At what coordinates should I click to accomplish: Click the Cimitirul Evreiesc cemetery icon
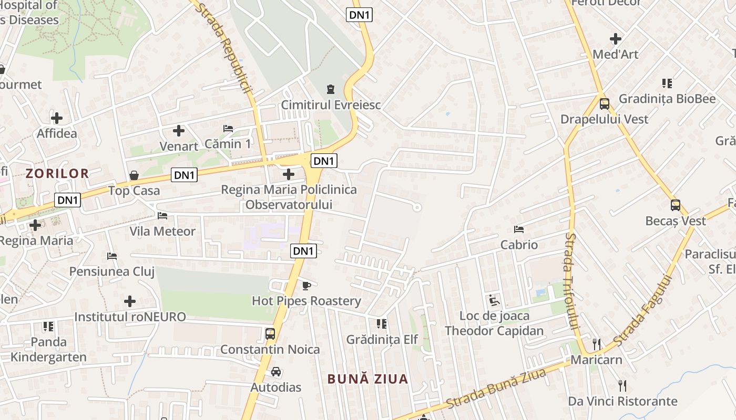point(330,89)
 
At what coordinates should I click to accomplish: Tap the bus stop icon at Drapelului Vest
point(605,103)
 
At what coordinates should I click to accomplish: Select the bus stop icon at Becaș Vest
point(676,205)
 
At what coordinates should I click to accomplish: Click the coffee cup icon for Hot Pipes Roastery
point(306,286)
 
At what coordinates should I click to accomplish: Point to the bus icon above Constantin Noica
point(270,333)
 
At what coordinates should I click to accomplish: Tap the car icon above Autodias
point(276,372)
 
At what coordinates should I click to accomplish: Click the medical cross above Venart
point(179,130)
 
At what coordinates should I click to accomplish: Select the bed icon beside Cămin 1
point(228,128)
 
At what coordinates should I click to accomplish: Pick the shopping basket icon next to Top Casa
point(134,175)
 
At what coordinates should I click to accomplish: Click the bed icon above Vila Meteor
point(162,215)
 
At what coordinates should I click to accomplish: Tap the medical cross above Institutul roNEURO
point(130,301)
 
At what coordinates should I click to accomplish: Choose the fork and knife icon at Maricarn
point(596,344)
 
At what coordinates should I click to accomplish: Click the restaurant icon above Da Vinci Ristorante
point(622,386)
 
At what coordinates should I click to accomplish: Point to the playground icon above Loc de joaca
point(494,300)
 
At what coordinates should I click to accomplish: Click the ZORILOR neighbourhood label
point(58,174)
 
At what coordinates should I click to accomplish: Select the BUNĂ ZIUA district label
point(367,379)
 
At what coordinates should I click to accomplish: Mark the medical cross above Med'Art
point(616,39)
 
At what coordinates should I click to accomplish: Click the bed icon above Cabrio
point(519,229)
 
